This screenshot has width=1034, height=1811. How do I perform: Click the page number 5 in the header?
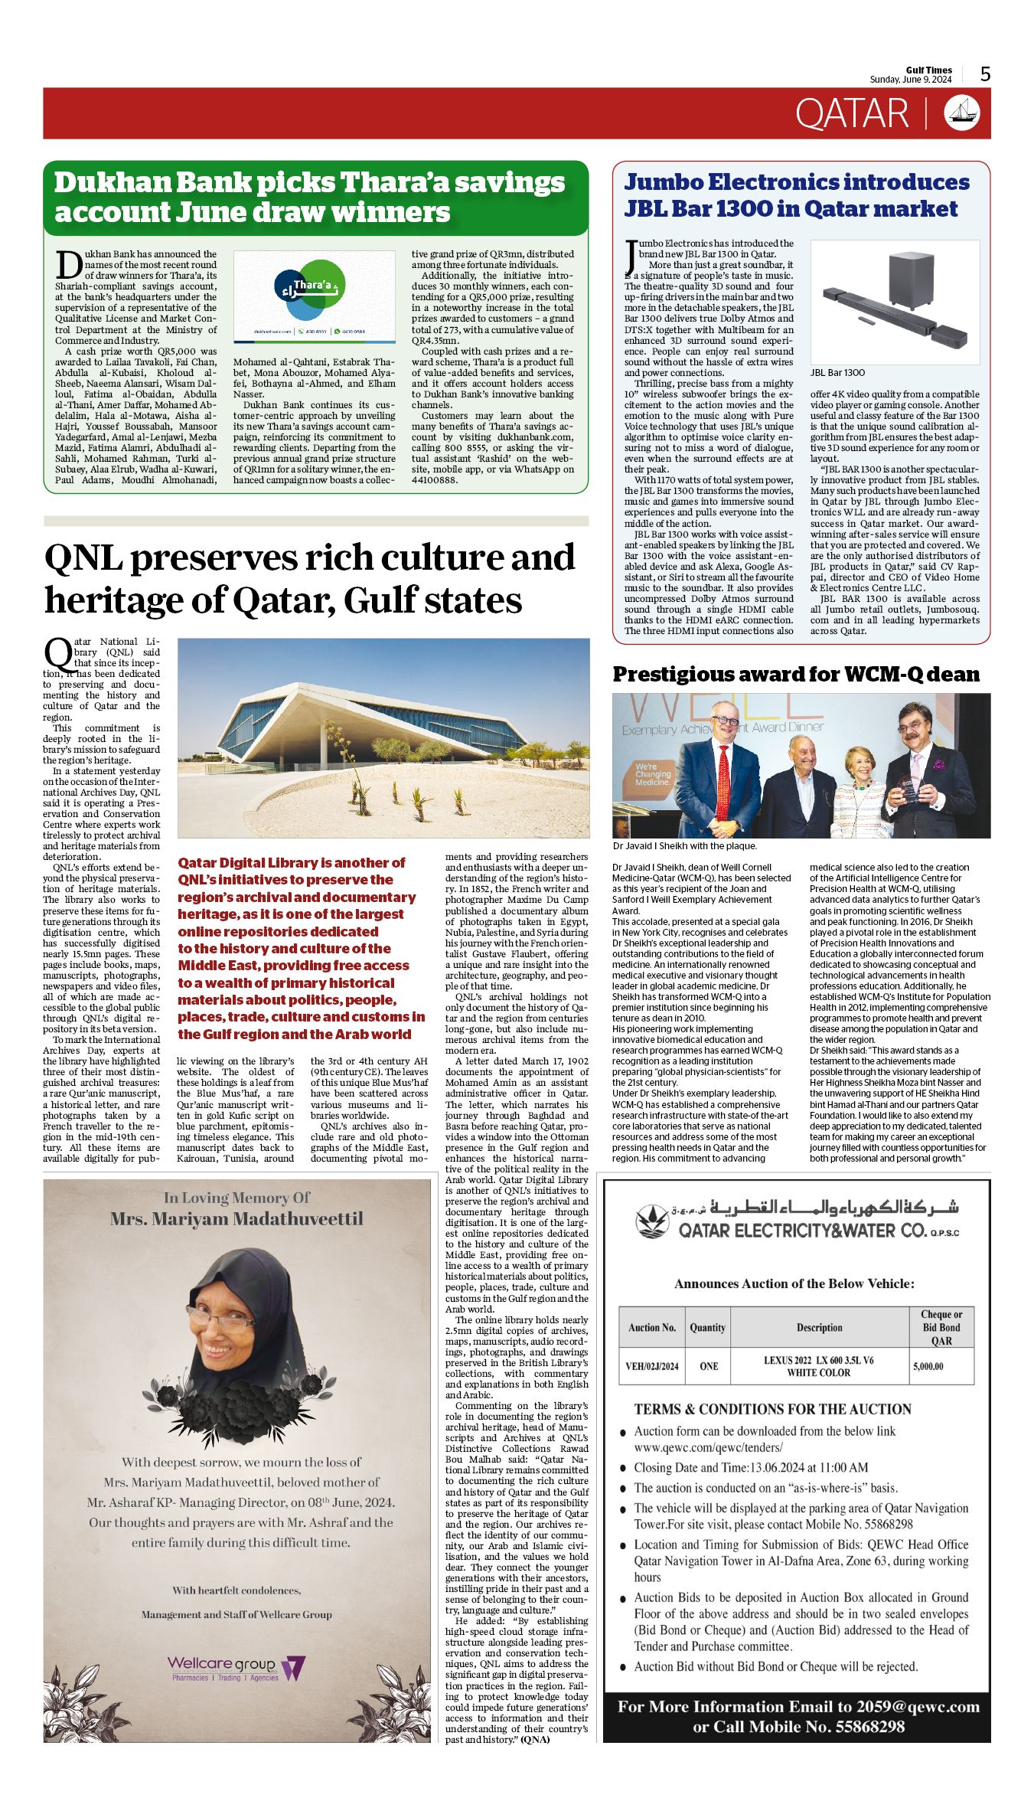[985, 74]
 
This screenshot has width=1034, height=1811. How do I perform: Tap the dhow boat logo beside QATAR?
[962, 113]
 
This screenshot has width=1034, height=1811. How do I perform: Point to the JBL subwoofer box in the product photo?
[912, 281]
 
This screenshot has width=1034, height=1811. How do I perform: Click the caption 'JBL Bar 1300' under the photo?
[837, 373]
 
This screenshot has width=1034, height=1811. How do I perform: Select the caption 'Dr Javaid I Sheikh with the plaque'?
[684, 846]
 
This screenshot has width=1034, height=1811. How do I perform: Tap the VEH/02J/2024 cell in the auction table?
[652, 1366]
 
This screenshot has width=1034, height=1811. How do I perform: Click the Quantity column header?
[707, 1328]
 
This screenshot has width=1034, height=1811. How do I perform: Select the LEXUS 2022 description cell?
[818, 1366]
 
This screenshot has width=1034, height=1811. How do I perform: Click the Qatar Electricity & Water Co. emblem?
[652, 1221]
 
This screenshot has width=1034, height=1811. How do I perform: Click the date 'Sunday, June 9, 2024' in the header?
[910, 80]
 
